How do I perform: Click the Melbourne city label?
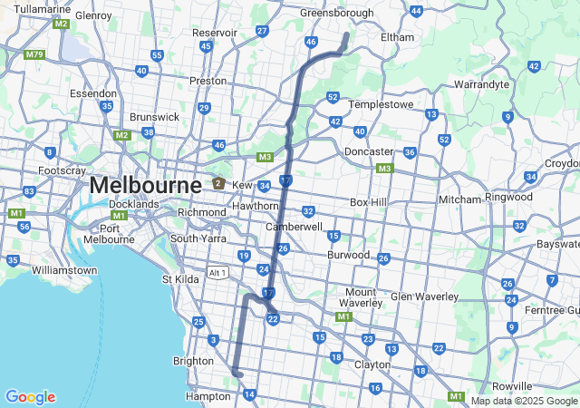click(x=145, y=186)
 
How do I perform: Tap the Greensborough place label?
click(x=336, y=14)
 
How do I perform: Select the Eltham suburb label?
click(x=397, y=37)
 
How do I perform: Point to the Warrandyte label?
click(x=488, y=84)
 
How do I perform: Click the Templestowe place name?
click(x=381, y=104)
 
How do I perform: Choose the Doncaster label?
click(x=369, y=151)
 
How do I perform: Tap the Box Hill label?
click(x=369, y=201)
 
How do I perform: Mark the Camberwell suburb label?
click(x=294, y=226)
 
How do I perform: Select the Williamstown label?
click(x=63, y=270)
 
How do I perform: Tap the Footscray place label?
click(x=62, y=170)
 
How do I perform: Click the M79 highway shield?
click(x=34, y=54)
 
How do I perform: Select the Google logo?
click(x=30, y=397)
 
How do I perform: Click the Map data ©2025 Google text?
click(x=524, y=401)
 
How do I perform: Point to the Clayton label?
click(x=372, y=364)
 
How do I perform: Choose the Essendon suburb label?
click(x=93, y=93)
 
